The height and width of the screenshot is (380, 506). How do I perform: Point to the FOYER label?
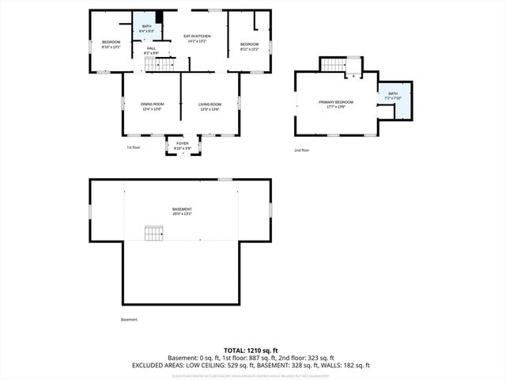tap(183, 145)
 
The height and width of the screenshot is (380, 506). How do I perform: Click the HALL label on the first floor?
tap(151, 50)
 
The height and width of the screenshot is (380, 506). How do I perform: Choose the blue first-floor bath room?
tap(146, 29)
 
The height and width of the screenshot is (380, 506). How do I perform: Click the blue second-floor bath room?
tap(395, 99)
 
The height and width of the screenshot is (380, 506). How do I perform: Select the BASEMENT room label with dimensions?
tap(182, 211)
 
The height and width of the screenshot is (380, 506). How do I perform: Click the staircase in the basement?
tap(153, 233)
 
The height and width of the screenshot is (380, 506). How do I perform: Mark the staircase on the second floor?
tap(334, 65)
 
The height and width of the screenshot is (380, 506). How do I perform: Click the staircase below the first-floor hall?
tap(163, 64)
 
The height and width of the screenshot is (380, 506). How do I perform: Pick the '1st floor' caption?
tap(134, 147)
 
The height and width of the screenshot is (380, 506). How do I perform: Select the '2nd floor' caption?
tap(301, 150)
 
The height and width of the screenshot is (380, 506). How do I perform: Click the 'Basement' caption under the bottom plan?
tap(129, 320)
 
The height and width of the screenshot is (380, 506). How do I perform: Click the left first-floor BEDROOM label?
tap(110, 44)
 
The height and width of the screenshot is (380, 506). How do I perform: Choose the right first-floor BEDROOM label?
tap(249, 46)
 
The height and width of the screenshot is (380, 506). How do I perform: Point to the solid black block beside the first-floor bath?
tap(159, 17)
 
